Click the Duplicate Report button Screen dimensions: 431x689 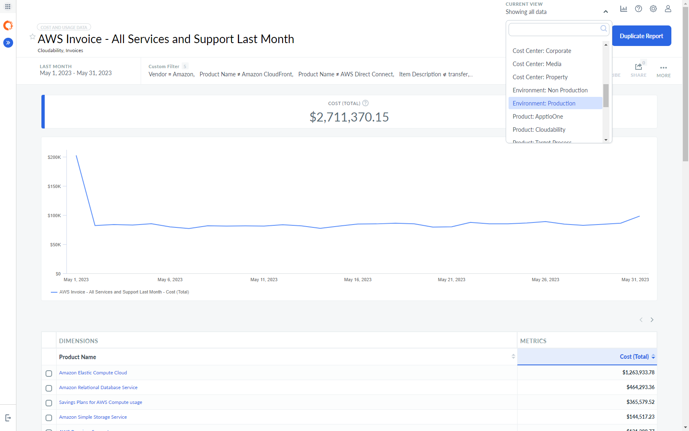click(641, 36)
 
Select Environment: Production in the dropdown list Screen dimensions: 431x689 click(544, 103)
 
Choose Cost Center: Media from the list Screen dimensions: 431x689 click(536, 64)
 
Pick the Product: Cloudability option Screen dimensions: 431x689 click(538, 130)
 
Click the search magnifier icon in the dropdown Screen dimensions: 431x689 click(603, 28)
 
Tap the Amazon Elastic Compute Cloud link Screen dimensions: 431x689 click(93, 373)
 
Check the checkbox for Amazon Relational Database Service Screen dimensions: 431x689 click(49, 388)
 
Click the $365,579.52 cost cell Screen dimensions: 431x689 click(640, 402)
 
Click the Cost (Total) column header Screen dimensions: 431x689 click(634, 357)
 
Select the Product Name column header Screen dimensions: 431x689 click(78, 357)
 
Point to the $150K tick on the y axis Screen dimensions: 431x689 click(54, 186)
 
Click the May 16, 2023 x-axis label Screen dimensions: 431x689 click(357, 280)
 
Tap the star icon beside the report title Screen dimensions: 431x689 click(32, 37)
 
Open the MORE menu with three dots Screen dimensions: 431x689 click(663, 70)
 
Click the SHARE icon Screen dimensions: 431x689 click(638, 67)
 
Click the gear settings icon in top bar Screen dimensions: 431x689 click(653, 9)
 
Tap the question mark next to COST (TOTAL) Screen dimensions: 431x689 click(365, 103)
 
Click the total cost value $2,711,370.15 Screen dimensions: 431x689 click(349, 117)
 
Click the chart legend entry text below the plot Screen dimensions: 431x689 click(124, 292)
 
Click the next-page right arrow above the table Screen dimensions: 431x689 click(652, 320)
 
